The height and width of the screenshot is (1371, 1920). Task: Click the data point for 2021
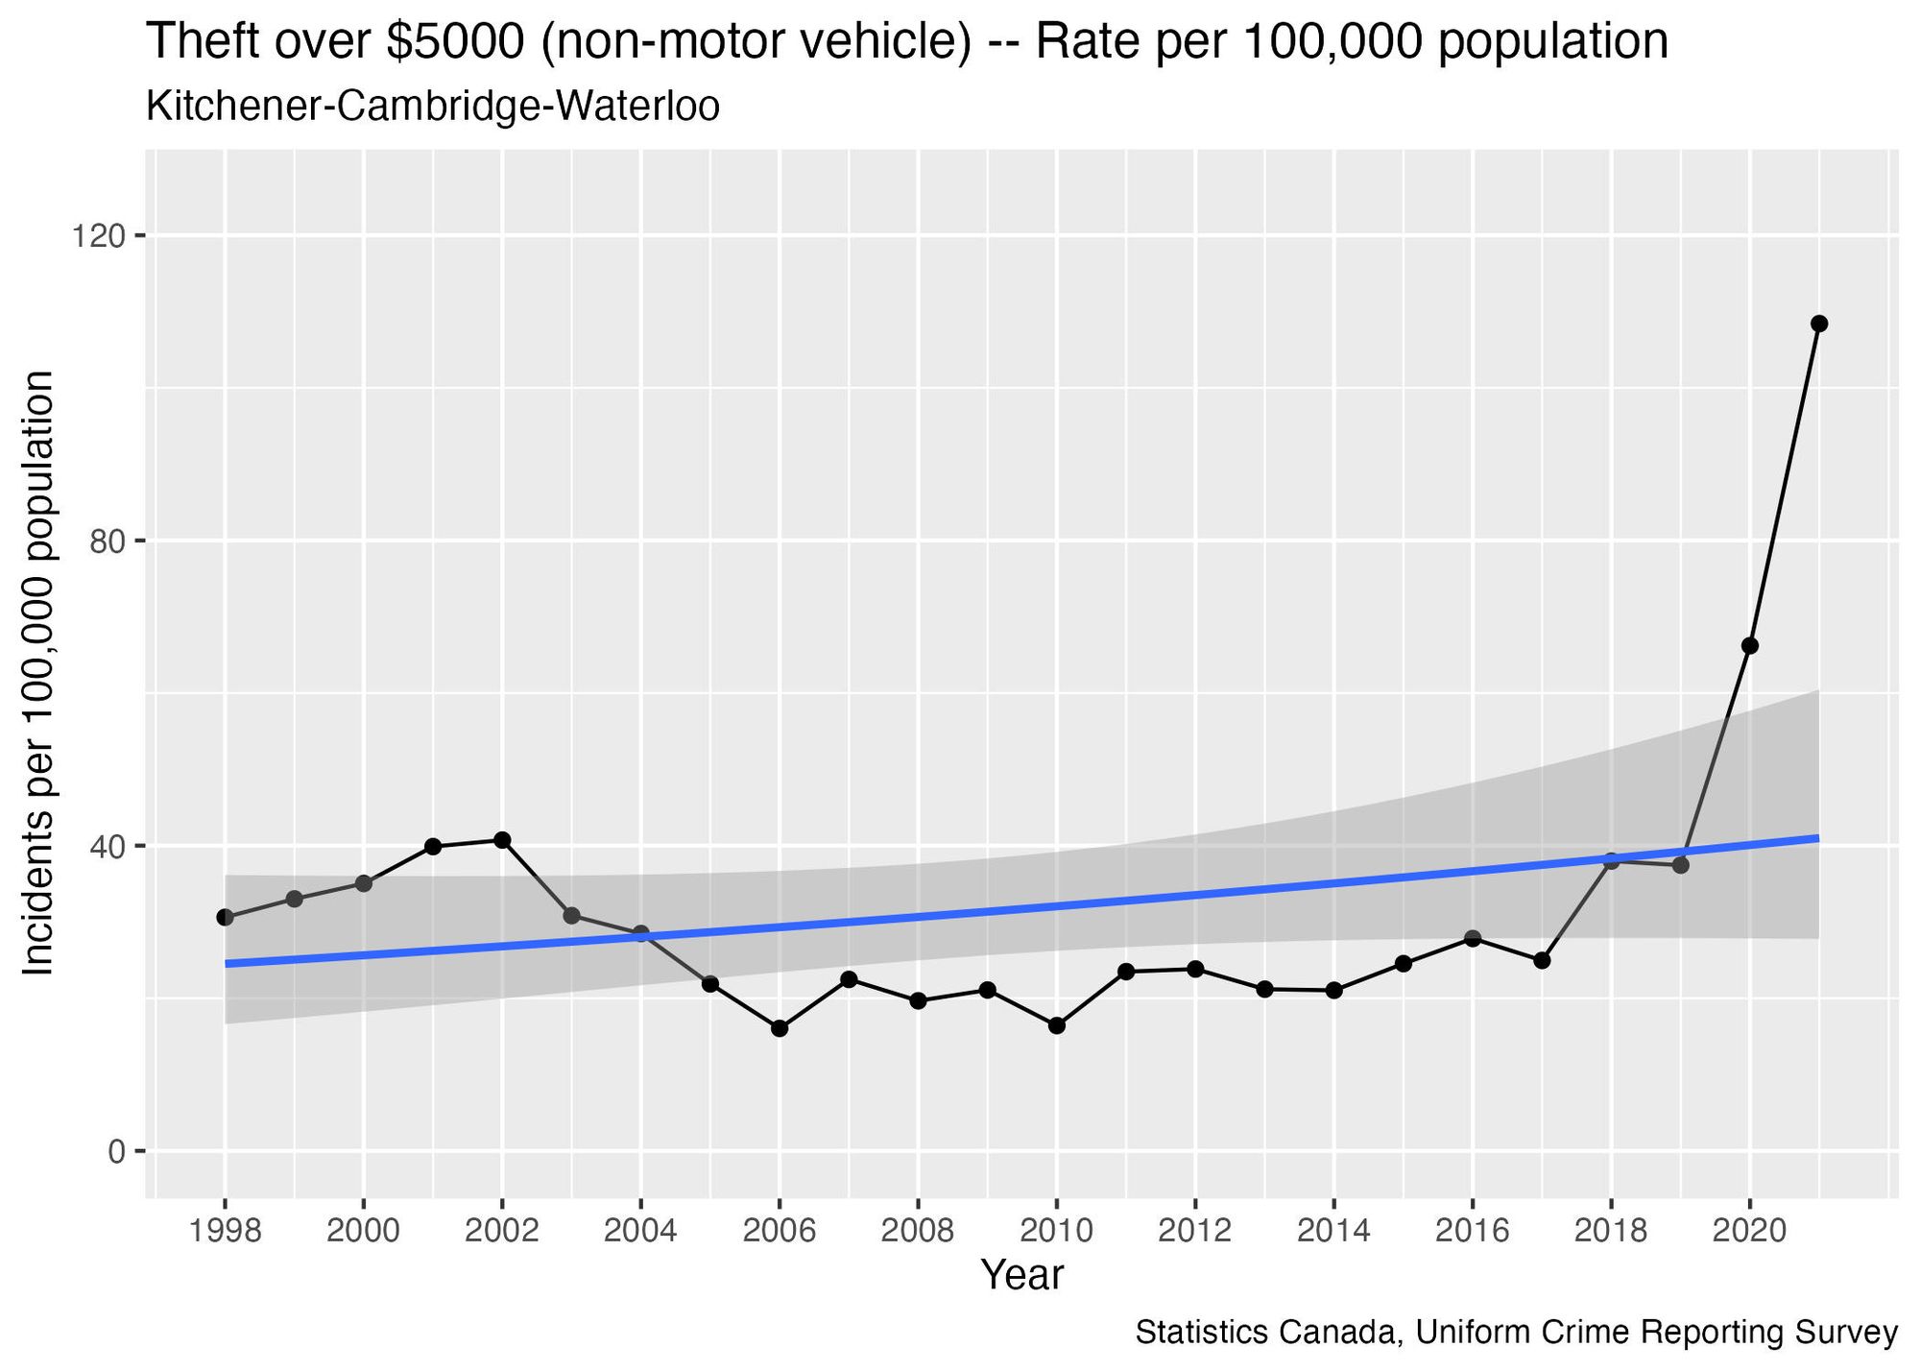pos(1818,324)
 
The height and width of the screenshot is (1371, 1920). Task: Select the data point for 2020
pos(1749,646)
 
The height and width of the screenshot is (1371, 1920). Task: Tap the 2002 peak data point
pos(502,840)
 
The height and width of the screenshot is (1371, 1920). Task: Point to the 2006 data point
pos(780,1028)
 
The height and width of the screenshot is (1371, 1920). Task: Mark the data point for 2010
pos(1056,1025)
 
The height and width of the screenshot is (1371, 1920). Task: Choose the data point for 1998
pos(226,917)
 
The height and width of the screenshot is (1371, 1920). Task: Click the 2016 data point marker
pos(1472,938)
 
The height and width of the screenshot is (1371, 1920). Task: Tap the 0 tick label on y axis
pos(115,1151)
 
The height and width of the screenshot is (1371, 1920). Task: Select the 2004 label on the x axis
pos(640,1231)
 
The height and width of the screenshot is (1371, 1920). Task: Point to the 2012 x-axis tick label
pos(1194,1231)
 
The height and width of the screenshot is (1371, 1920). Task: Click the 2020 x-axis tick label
pos(1749,1231)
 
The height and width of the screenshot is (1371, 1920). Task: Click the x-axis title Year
pos(1021,1275)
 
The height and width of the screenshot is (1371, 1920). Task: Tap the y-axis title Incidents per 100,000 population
pos(40,674)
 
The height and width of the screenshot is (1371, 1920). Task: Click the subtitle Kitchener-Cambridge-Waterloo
pos(433,107)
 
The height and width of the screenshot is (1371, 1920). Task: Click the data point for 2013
pos(1264,989)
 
